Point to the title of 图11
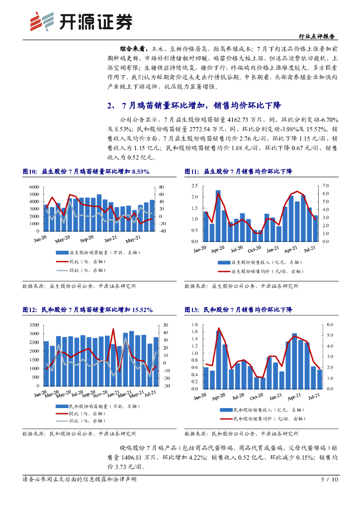click(239, 171)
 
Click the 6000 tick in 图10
click(34, 187)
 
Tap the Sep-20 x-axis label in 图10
click(87, 241)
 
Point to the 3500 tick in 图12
click(34, 325)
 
